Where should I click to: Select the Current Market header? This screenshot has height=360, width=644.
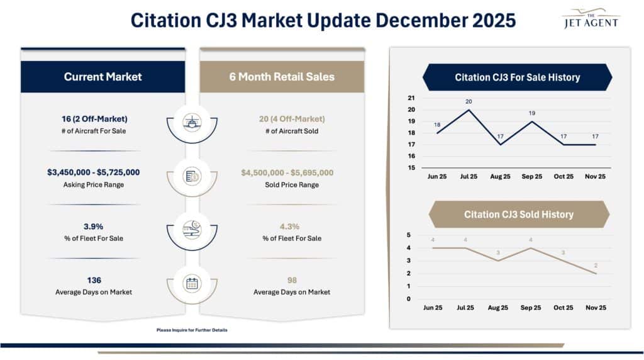pos(103,77)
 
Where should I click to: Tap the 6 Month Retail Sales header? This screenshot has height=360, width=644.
pos(282,77)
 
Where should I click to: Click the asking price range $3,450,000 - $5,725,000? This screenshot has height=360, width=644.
pos(94,172)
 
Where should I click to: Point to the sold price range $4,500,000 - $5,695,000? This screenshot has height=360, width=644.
pos(287,172)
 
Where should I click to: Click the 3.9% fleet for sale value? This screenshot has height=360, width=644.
pos(94,226)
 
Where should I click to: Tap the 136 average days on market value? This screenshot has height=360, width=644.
pos(94,280)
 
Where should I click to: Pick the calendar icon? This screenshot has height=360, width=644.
pos(192,283)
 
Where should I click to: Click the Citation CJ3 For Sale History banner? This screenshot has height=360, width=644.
pos(517,77)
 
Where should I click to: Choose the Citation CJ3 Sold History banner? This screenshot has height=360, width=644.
pos(518,215)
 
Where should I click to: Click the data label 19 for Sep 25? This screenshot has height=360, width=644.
pos(531,113)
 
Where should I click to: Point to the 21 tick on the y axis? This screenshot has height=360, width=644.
pos(411,98)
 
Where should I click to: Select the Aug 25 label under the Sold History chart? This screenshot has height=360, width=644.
pos(497,308)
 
